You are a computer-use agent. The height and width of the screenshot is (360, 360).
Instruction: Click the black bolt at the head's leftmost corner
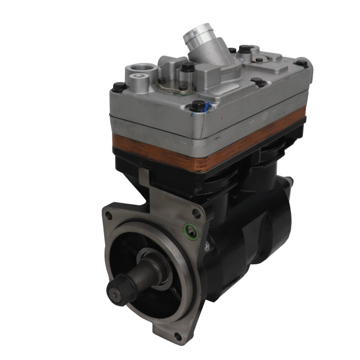[119, 87]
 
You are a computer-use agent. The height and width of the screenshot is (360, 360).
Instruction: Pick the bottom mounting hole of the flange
[178, 336]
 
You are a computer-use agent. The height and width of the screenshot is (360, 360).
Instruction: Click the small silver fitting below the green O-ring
[206, 246]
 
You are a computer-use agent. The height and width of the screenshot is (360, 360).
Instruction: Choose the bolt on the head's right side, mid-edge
[259, 82]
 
